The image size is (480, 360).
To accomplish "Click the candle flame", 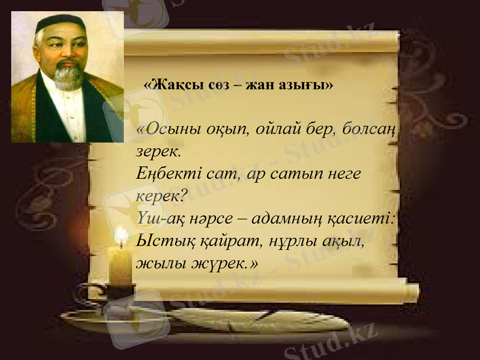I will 122,235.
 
